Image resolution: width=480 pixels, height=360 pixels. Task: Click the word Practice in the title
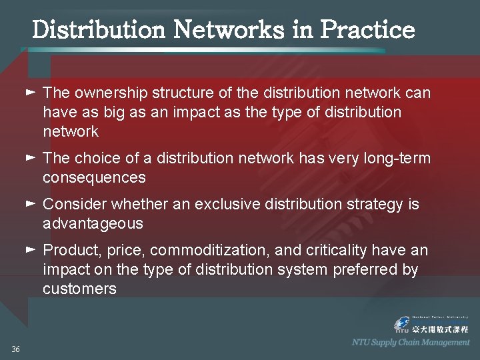367,29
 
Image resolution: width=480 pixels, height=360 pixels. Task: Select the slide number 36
15,349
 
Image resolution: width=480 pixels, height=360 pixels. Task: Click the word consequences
94,178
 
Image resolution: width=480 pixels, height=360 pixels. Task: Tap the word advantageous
93,223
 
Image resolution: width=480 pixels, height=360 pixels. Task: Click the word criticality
337,251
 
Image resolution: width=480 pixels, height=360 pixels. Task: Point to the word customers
79,289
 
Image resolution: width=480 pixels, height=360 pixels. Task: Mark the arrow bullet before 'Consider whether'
30,203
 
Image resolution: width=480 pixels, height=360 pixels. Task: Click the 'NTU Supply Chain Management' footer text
411,343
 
